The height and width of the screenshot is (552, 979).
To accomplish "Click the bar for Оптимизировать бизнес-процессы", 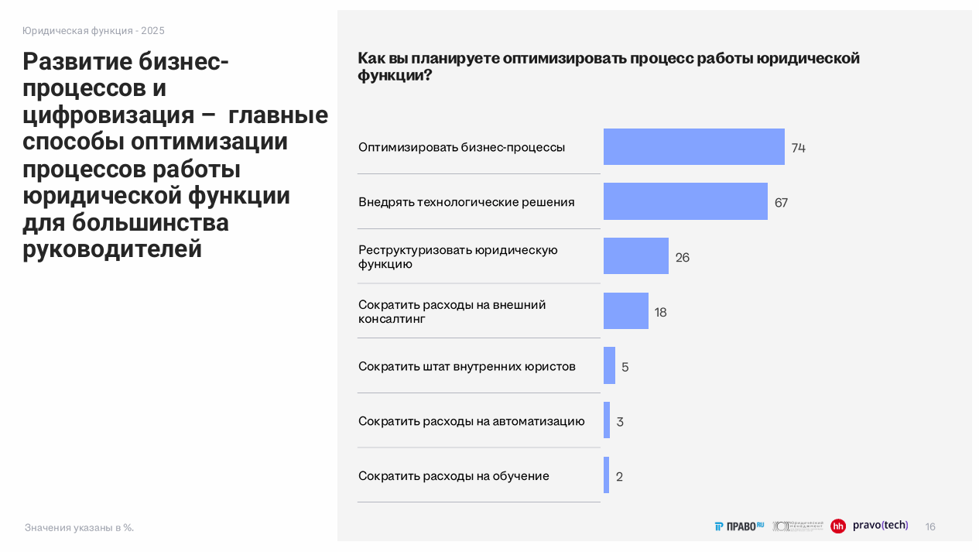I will [x=693, y=147].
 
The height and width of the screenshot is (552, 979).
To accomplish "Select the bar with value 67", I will [x=685, y=201].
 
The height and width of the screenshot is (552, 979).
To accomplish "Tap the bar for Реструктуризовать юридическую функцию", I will [x=635, y=256].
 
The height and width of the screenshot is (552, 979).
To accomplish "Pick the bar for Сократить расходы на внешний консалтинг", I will [x=625, y=311].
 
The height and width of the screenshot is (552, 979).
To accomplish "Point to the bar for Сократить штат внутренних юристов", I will [x=609, y=365].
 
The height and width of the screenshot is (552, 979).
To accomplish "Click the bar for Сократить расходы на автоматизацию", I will [x=607, y=420].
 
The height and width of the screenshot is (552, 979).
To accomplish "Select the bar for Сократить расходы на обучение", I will [x=606, y=475].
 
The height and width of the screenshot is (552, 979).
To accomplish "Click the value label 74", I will [x=799, y=148].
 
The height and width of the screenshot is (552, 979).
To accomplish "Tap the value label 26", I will [x=682, y=258].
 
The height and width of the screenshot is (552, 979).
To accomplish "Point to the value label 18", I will [x=660, y=313].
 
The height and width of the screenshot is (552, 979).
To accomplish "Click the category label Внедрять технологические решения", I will [x=466, y=202].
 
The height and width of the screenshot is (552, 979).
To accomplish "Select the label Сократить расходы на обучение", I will [x=454, y=476].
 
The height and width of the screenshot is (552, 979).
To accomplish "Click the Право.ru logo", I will [x=739, y=526].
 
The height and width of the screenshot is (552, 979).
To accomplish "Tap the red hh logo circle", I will [x=838, y=526].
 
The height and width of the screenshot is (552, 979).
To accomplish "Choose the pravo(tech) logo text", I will [x=880, y=525].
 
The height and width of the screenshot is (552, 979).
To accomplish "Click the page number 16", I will [x=930, y=526].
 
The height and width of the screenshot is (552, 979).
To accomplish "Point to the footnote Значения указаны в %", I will [x=79, y=528].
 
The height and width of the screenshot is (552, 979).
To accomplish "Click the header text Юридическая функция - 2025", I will [x=93, y=31].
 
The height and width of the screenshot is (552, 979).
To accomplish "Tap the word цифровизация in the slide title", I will [x=108, y=115].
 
